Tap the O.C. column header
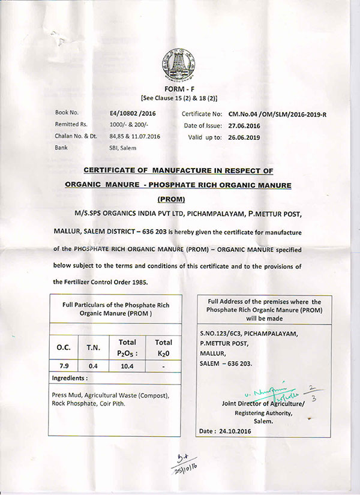pyautogui.click(x=64, y=347)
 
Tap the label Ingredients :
pyautogui.click(x=70, y=379)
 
